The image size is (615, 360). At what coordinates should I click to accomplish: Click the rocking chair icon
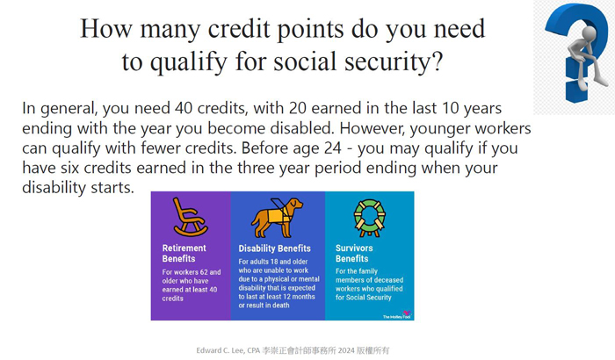tap(190, 217)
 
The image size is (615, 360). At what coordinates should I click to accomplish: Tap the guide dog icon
tap(277, 218)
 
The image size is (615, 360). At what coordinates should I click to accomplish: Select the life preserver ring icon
tap(370, 218)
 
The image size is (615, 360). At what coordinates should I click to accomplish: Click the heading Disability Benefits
tap(274, 248)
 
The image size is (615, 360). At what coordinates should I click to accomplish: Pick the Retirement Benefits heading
tap(184, 254)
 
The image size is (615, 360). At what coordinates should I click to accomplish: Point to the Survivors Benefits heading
tap(354, 254)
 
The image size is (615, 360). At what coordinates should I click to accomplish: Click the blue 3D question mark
tap(574, 51)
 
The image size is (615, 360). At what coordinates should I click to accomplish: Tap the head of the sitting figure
tap(588, 33)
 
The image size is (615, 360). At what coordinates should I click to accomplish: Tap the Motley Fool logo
tap(397, 316)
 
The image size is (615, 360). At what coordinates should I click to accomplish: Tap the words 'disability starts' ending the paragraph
tap(78, 187)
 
